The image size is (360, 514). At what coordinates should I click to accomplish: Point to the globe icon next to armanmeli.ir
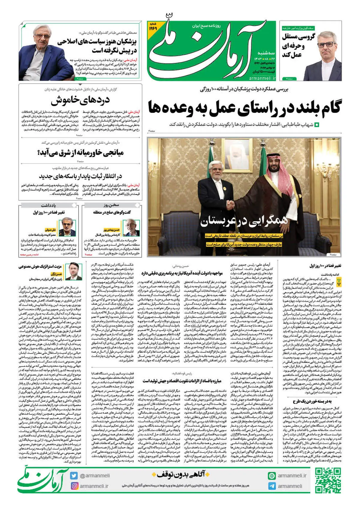pos(272,476)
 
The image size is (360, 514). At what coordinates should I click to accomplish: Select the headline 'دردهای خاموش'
pos(80,101)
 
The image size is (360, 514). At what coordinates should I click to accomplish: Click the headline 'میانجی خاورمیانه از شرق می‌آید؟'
pos(81,153)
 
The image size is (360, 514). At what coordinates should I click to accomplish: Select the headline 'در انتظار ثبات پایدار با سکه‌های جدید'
pos(80,176)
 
